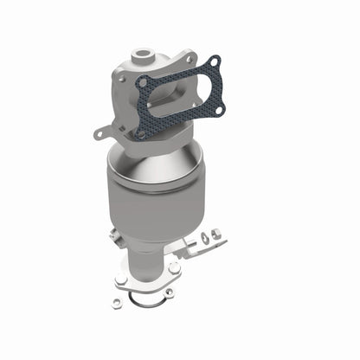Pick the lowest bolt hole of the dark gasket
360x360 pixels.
pyautogui.click(x=138, y=133)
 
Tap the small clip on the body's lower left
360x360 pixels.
pyautogui.click(x=114, y=234)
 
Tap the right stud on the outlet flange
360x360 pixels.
pyautogui.click(x=176, y=269)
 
